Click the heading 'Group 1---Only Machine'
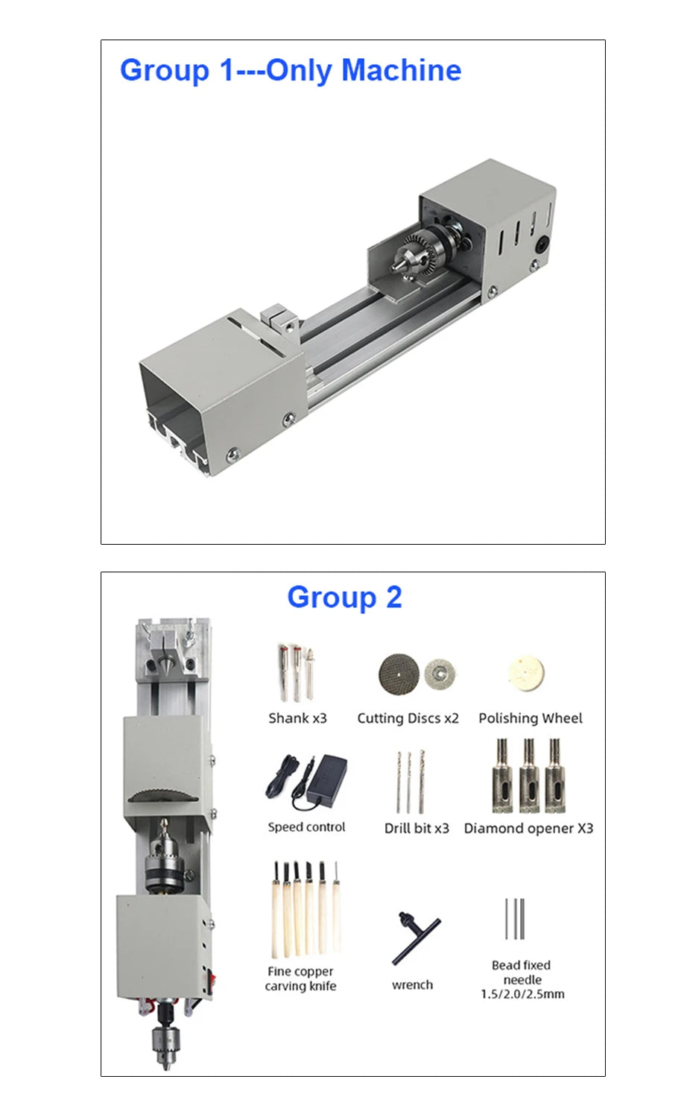point(291,70)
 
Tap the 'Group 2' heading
point(345,598)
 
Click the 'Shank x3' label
point(297,718)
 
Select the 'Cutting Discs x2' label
point(408,718)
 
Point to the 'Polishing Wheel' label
point(531,718)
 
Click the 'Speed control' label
point(306,827)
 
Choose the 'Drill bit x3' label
point(417,828)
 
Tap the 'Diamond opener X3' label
point(528,828)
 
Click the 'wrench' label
point(412,984)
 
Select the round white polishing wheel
point(527,674)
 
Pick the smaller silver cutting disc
point(440,674)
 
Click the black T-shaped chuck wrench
point(416,938)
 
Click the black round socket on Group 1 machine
point(542,244)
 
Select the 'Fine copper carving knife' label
point(300,978)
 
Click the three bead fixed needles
point(515,919)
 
